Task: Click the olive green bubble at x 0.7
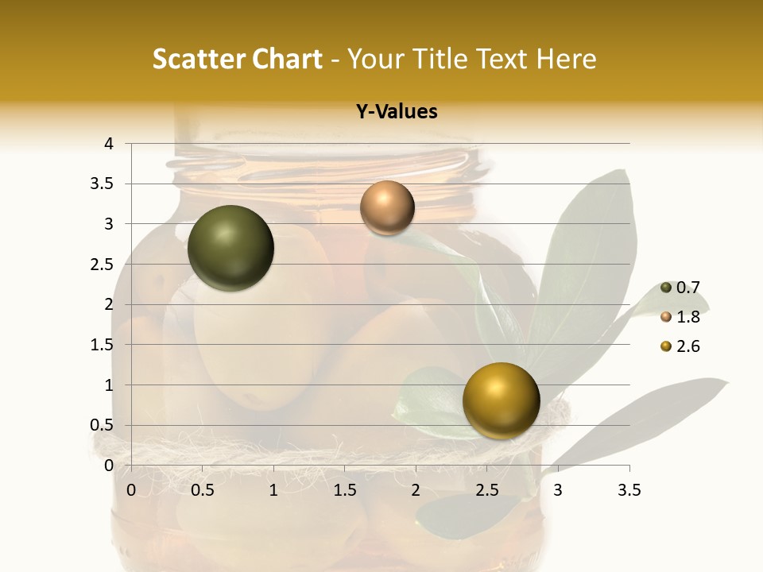click(230, 248)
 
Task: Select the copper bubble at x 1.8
click(387, 207)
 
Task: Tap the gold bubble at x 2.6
click(501, 400)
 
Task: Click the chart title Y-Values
click(397, 112)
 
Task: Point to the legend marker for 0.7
click(666, 288)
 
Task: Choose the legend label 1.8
click(687, 317)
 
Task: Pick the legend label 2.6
click(687, 346)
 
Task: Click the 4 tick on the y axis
click(109, 144)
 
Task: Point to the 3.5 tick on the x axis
click(629, 490)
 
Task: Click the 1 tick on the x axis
click(273, 490)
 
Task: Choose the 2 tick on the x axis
click(416, 490)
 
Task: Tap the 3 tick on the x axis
click(558, 490)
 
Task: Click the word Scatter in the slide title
click(196, 59)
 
